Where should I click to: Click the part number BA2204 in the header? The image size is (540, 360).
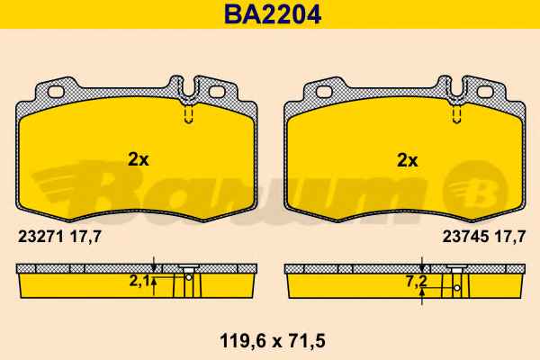pyautogui.click(x=273, y=14)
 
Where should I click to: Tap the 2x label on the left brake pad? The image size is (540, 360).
pyautogui.click(x=138, y=160)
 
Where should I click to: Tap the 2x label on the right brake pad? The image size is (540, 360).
pyautogui.click(x=407, y=160)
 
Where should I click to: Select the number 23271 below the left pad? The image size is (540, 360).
pyautogui.click(x=41, y=237)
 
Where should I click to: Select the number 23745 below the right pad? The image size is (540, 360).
pyautogui.click(x=465, y=237)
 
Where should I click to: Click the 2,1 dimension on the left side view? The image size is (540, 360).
pyautogui.click(x=139, y=282)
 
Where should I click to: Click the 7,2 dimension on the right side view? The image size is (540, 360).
pyautogui.click(x=416, y=282)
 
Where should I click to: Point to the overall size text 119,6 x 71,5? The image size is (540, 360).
pyautogui.click(x=273, y=341)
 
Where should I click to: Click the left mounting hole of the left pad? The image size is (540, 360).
pyautogui.click(x=56, y=92)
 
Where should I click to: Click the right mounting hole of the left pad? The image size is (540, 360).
pyautogui.click(x=217, y=92)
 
